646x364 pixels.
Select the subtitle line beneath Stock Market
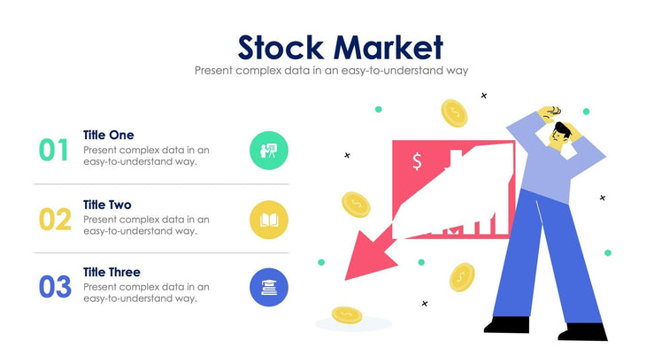coord(331,69)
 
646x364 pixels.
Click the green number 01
coord(54,150)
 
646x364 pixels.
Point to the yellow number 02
coord(55,219)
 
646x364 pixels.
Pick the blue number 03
coord(55,287)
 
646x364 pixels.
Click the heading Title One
coord(108,135)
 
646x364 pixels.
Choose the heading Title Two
coord(107,204)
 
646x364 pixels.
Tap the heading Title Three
coord(112,272)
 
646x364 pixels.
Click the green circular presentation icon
coord(269,150)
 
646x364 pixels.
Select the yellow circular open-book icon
coord(269,219)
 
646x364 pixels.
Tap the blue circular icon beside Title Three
coord(269,287)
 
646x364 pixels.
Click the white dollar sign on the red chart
coord(417,161)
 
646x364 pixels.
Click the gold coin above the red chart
coord(455,112)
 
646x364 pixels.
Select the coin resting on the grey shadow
coord(346,314)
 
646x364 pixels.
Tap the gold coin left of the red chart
coord(356,204)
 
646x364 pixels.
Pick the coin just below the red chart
coord(462,277)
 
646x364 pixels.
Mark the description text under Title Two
coord(146,225)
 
